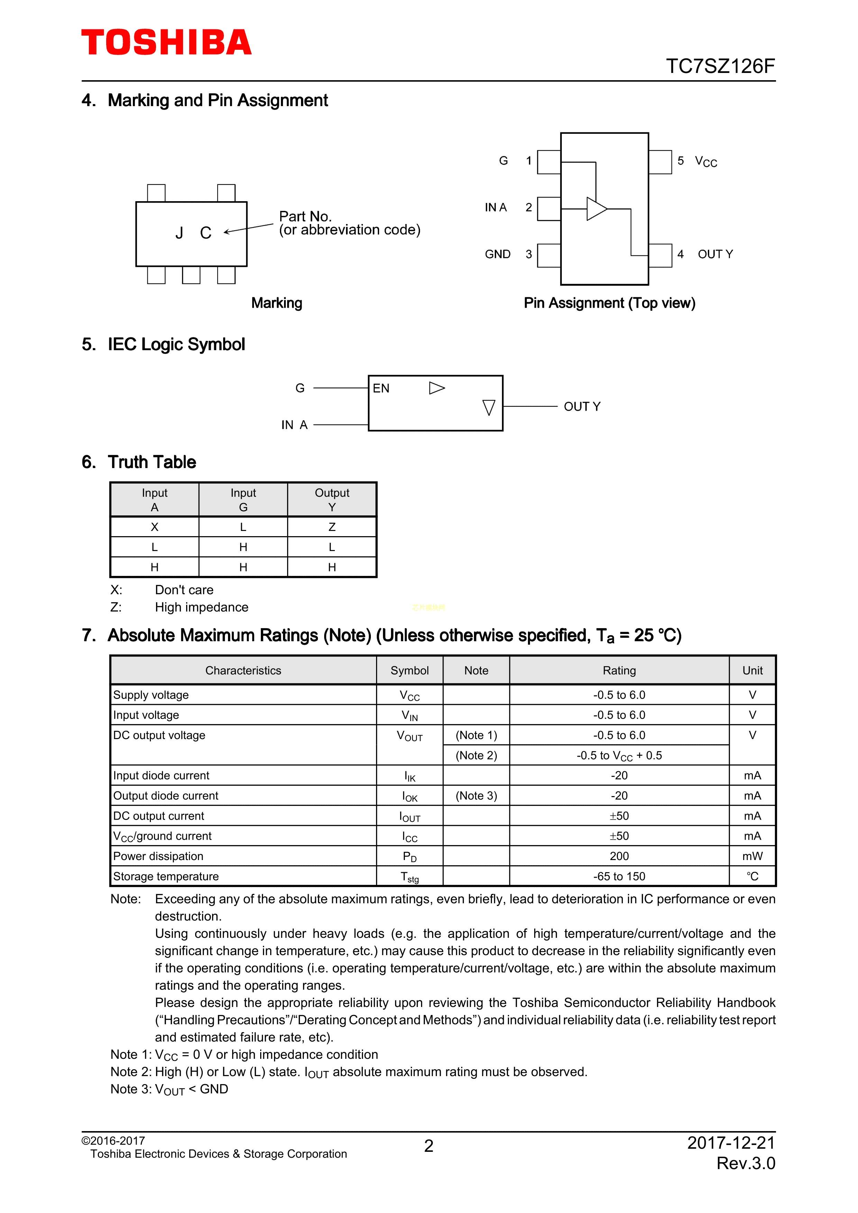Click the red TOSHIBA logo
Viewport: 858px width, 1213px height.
pos(166,42)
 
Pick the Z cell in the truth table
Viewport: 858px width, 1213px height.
pos(332,527)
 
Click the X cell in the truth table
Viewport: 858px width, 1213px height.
pos(154,527)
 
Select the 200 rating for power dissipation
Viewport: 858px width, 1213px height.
pos(619,856)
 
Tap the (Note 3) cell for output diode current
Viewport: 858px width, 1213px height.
pos(476,796)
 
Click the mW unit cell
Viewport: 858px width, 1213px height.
pos(752,856)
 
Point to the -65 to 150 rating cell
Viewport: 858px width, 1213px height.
pos(619,876)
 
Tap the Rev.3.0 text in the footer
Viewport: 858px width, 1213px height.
pos(746,1163)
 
